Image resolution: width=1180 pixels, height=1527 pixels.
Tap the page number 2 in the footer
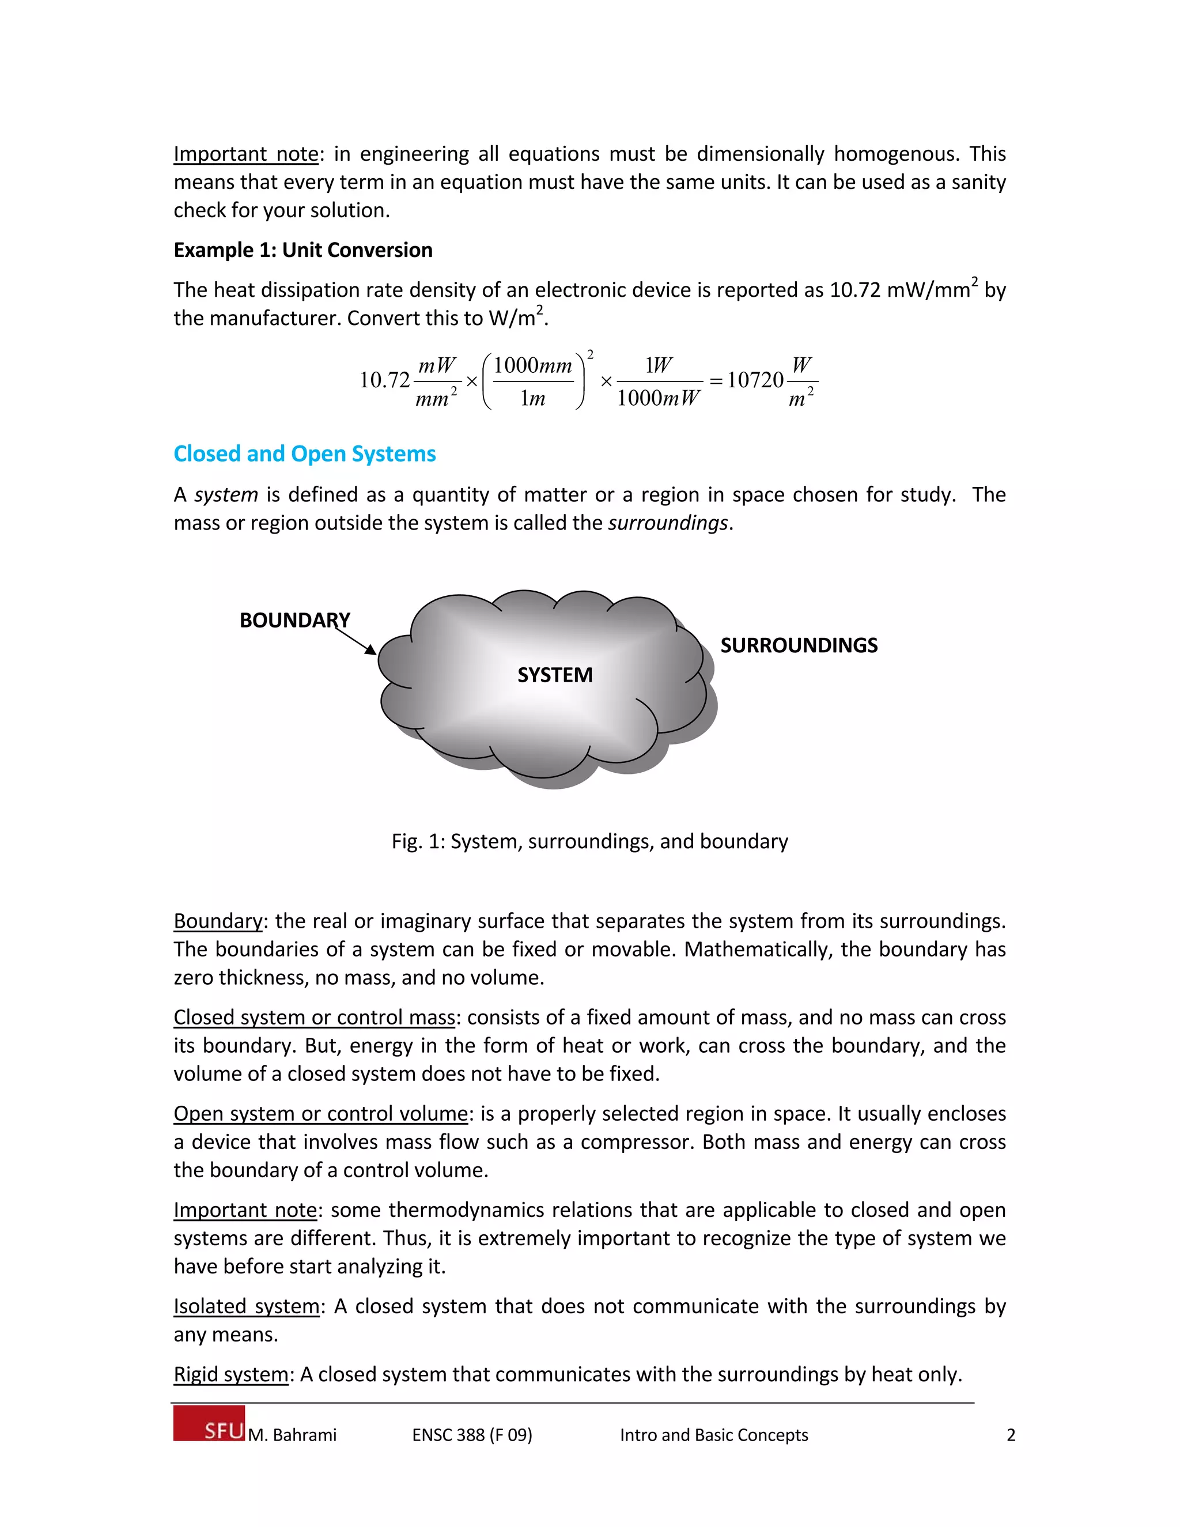pos(1010,1435)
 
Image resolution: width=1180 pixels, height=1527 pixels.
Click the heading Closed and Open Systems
pos(304,453)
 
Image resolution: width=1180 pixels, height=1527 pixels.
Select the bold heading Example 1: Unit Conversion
pos(302,250)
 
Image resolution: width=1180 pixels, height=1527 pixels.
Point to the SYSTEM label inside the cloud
pos(554,675)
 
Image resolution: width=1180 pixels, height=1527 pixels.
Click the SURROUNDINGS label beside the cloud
pos(799,645)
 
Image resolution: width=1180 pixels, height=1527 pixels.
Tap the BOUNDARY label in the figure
pos(294,620)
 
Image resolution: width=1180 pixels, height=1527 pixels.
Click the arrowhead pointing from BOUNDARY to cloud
pos(371,650)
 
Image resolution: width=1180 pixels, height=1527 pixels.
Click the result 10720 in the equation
pos(755,380)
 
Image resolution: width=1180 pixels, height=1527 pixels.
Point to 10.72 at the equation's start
pos(384,380)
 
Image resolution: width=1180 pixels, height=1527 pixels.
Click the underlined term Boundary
pos(217,921)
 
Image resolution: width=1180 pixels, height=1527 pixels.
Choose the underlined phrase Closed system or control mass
pos(314,1016)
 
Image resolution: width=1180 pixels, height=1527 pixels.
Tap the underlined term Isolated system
pos(246,1306)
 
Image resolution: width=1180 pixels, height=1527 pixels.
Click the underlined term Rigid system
pos(230,1374)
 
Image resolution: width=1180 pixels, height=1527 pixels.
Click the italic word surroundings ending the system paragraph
pos(668,523)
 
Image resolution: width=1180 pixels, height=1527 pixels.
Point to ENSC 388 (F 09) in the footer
pos(472,1435)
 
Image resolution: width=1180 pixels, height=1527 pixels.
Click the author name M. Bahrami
pos(292,1435)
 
